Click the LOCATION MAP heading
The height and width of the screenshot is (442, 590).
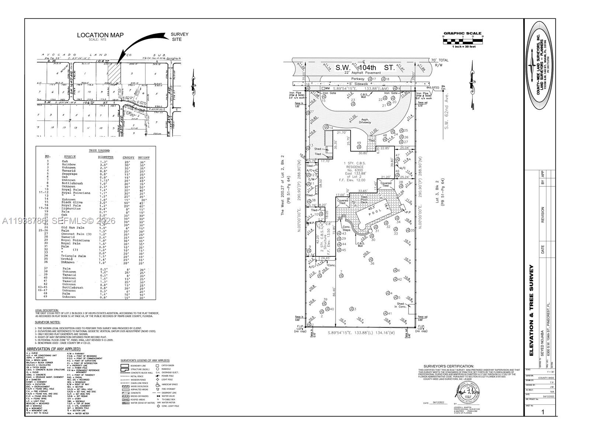tap(100, 35)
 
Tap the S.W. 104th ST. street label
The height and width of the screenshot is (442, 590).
tap(365, 67)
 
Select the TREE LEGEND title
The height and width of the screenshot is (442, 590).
tap(99, 151)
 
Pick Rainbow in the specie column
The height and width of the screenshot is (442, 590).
tap(69, 164)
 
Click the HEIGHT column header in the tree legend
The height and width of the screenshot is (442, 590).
tap(144, 157)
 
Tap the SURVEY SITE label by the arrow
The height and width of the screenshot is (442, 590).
tap(179, 37)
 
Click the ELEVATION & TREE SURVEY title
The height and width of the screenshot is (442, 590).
tap(531, 310)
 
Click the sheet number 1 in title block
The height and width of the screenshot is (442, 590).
tap(542, 412)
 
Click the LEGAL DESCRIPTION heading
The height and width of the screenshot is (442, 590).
tap(47, 310)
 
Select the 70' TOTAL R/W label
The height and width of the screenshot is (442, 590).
tap(440, 62)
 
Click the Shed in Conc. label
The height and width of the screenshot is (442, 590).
tap(400, 305)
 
